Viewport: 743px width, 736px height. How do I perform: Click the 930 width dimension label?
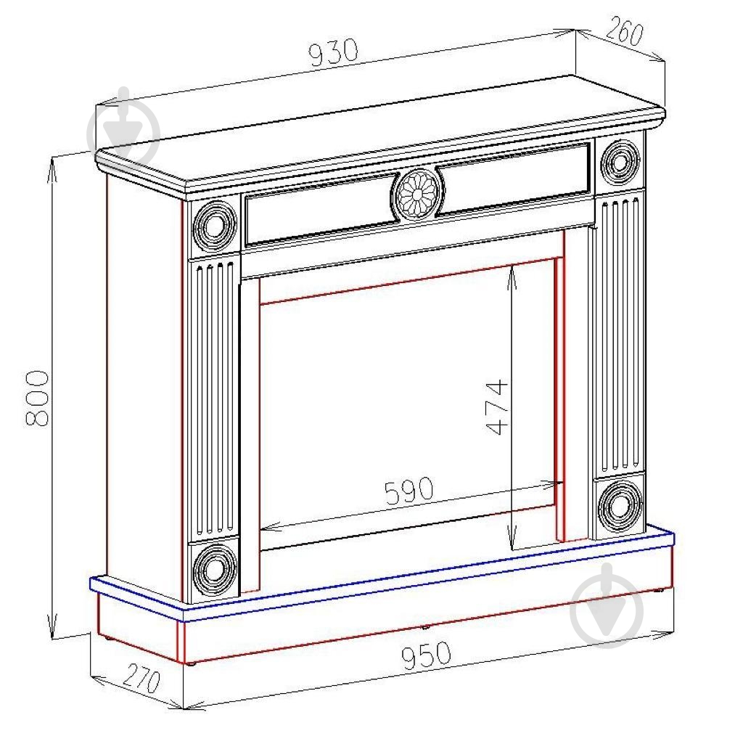333,52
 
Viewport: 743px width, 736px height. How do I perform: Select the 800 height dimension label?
36,398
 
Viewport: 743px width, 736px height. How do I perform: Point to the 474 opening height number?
497,406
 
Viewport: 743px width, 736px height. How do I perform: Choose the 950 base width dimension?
426,655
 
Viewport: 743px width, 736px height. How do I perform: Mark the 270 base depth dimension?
141,679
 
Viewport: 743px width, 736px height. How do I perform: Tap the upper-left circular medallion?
214,226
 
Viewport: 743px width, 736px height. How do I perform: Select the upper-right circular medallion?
620,163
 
